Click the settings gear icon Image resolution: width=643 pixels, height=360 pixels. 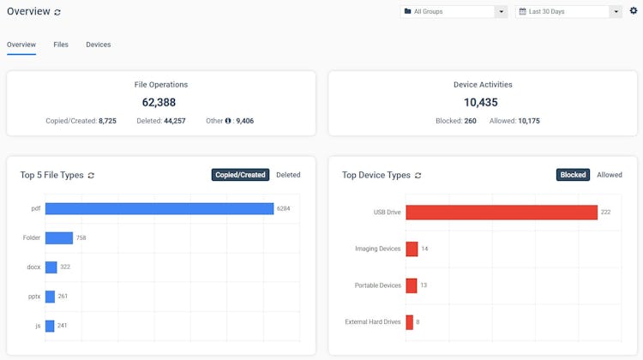click(634, 11)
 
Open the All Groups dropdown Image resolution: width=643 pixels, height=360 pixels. click(455, 12)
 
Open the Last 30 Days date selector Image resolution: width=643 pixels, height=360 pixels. click(568, 12)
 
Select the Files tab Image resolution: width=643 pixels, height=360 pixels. click(61, 45)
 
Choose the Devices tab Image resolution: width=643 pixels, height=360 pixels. click(98, 45)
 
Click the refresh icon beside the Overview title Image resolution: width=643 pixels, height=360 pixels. click(57, 12)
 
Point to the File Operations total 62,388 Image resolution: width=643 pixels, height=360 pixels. click(161, 102)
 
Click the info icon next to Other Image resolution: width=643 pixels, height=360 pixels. click(228, 121)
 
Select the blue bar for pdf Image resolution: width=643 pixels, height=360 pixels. click(159, 208)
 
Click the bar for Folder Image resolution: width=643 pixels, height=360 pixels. click(59, 237)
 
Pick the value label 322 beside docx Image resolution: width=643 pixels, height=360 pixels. click(65, 267)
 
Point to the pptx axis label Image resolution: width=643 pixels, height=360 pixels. click(33, 297)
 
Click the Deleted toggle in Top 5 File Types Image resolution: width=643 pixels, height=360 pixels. click(288, 175)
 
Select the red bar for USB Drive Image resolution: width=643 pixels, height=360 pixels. click(502, 212)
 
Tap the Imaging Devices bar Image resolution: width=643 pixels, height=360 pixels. click(412, 249)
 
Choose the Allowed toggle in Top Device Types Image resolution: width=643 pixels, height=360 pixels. click(610, 175)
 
